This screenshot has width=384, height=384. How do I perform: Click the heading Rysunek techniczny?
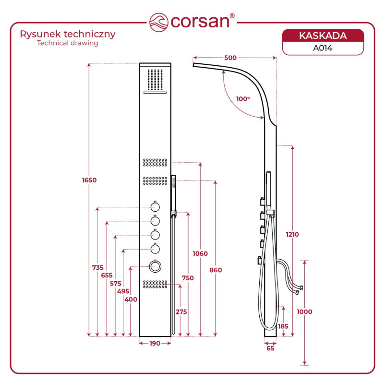point(67,34)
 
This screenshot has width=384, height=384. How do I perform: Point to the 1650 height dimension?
point(89,180)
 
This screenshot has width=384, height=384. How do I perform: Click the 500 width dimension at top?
point(230,58)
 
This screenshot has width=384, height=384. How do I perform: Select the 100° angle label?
point(243,99)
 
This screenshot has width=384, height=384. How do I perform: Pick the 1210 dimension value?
point(292,235)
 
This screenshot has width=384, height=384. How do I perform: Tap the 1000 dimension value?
point(304,312)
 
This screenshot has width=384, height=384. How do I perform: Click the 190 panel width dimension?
point(154,343)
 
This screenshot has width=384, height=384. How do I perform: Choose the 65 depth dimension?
point(270,348)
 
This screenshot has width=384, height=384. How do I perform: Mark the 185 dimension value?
point(283,326)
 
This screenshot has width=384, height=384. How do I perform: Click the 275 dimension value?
point(180,312)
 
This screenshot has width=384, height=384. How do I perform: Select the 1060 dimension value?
point(200,253)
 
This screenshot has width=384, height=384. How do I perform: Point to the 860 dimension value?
point(215,270)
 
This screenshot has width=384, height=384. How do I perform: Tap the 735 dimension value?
point(98,268)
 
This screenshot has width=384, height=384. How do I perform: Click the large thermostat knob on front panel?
point(155,266)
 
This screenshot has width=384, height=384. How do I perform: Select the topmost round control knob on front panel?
point(155,207)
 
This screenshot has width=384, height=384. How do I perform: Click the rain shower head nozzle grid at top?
point(155,79)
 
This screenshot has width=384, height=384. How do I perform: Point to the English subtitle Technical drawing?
point(67,43)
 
